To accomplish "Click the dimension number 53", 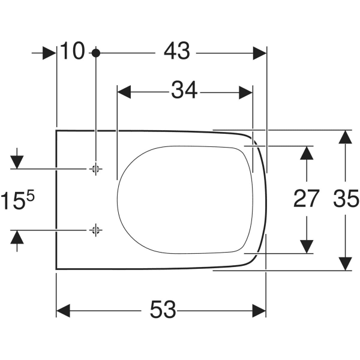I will click(x=163, y=310).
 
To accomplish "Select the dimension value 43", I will click(x=177, y=52).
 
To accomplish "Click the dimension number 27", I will click(x=307, y=199).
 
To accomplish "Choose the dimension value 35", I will click(x=345, y=199).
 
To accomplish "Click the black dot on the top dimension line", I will click(x=95, y=53).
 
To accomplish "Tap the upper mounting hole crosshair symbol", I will click(x=95, y=169).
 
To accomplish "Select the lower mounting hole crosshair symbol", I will click(x=95, y=229).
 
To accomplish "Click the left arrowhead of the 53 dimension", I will click(x=62, y=310).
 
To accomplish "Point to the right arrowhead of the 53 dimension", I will click(x=259, y=310).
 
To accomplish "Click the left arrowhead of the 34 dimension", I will click(x=124, y=92).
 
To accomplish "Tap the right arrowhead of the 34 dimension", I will click(x=246, y=92).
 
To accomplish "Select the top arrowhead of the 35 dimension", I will click(x=344, y=137).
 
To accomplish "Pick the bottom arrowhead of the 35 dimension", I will click(x=344, y=263).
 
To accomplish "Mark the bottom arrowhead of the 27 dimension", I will click(x=307, y=246).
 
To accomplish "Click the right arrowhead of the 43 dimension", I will click(x=259, y=53).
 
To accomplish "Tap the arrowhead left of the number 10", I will click(x=49, y=53).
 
